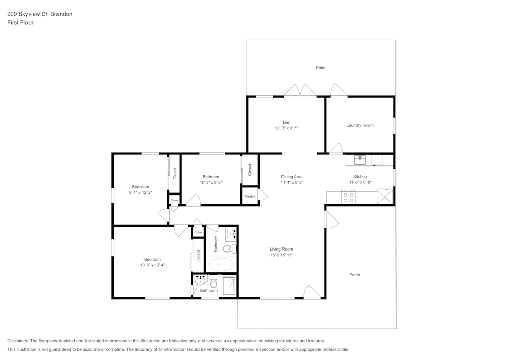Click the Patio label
pyautogui.click(x=320, y=68)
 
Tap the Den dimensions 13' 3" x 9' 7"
pyautogui.click(x=286, y=128)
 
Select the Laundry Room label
pyautogui.click(x=360, y=125)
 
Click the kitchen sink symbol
pyautogui.click(x=360, y=160)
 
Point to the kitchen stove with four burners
pyautogui.click(x=348, y=197)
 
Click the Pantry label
pyautogui.click(x=249, y=196)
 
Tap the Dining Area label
pyautogui.click(x=292, y=177)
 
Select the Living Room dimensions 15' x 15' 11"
pyautogui.click(x=281, y=255)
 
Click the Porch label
pyautogui.click(x=355, y=275)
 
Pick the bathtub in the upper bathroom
pyautogui.click(x=221, y=264)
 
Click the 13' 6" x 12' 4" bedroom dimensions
pyautogui.click(x=152, y=265)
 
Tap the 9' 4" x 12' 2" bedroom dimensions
pyautogui.click(x=140, y=192)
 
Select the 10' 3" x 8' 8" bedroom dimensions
pyautogui.click(x=211, y=182)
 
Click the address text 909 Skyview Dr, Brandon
pyautogui.click(x=39, y=14)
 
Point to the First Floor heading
pyautogui.click(x=20, y=23)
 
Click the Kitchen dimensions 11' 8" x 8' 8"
pyautogui.click(x=360, y=182)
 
